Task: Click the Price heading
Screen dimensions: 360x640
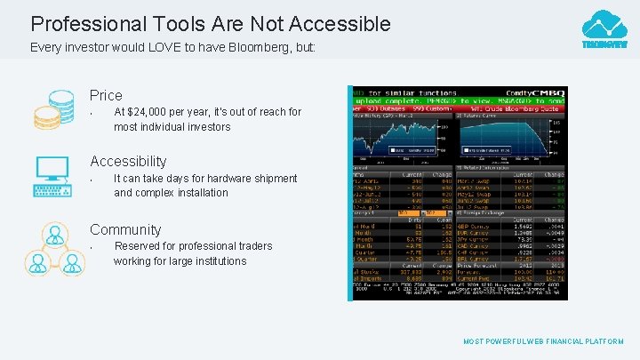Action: click(x=106, y=95)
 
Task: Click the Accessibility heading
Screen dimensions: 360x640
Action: click(x=128, y=161)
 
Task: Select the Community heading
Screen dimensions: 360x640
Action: click(x=125, y=229)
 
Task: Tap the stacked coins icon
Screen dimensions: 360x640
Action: click(x=53, y=110)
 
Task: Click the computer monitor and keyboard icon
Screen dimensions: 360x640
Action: click(x=52, y=175)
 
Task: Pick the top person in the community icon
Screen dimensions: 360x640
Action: click(x=55, y=235)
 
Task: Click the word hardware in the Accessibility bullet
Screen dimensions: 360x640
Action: click(x=220, y=179)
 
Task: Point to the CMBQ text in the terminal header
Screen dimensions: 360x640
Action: click(x=548, y=92)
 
